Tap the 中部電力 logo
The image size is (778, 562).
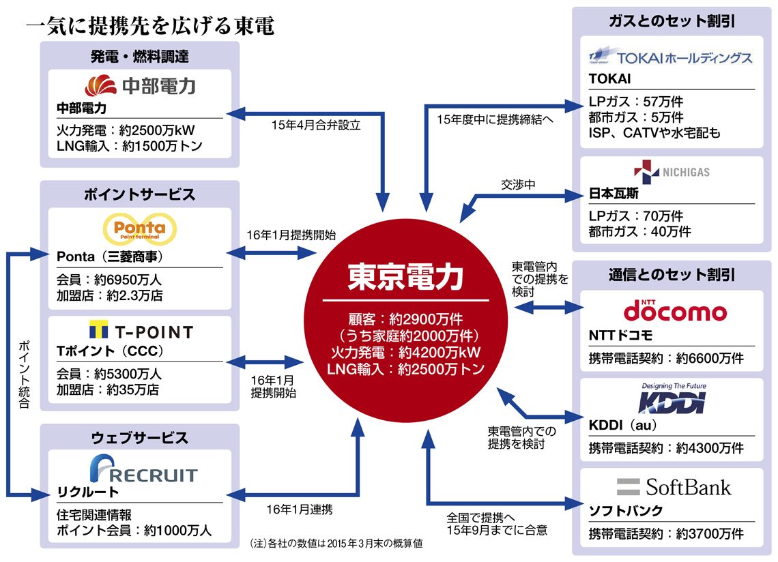(x=140, y=85)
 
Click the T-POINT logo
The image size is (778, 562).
(x=140, y=332)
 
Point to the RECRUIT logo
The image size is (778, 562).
(x=143, y=471)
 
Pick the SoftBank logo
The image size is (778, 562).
(x=673, y=487)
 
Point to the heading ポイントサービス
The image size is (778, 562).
(x=140, y=194)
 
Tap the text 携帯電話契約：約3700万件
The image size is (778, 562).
(x=666, y=533)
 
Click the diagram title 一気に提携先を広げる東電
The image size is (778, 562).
(x=150, y=26)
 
